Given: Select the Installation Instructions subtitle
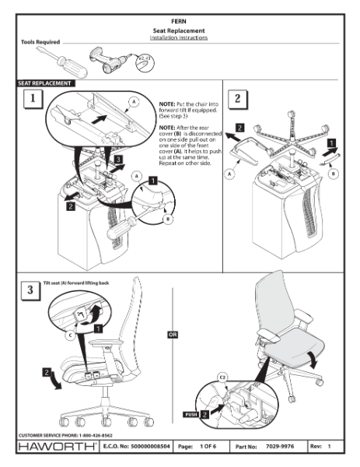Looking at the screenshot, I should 180,37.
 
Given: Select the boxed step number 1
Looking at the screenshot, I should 32,100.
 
